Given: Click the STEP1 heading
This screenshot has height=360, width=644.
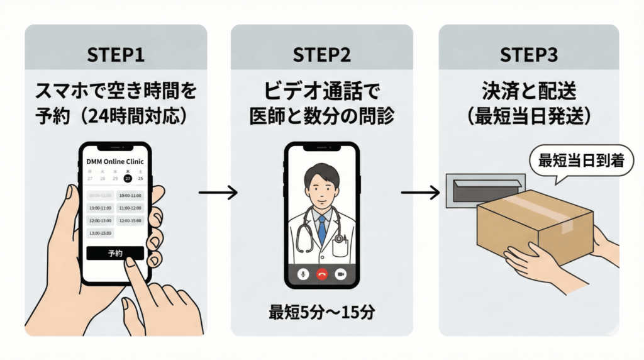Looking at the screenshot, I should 115,55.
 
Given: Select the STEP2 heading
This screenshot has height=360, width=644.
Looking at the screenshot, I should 321,55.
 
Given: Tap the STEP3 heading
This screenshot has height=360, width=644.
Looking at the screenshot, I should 528,55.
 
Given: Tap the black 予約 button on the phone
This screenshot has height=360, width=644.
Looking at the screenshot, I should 115,253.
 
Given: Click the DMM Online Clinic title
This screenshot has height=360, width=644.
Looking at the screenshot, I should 115,161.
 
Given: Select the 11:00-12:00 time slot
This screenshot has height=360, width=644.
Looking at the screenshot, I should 130,208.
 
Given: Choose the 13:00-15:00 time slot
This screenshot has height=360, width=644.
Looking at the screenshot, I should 99,233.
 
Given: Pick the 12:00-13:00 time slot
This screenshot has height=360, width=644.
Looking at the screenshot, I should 99,220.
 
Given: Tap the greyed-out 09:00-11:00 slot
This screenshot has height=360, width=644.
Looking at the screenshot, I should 99,196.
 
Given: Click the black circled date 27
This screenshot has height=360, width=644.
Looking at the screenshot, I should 128,178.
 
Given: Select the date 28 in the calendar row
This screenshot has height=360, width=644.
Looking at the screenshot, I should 102,178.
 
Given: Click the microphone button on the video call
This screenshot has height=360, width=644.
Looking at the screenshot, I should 303,274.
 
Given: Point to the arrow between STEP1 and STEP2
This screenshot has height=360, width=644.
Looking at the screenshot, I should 218,193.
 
